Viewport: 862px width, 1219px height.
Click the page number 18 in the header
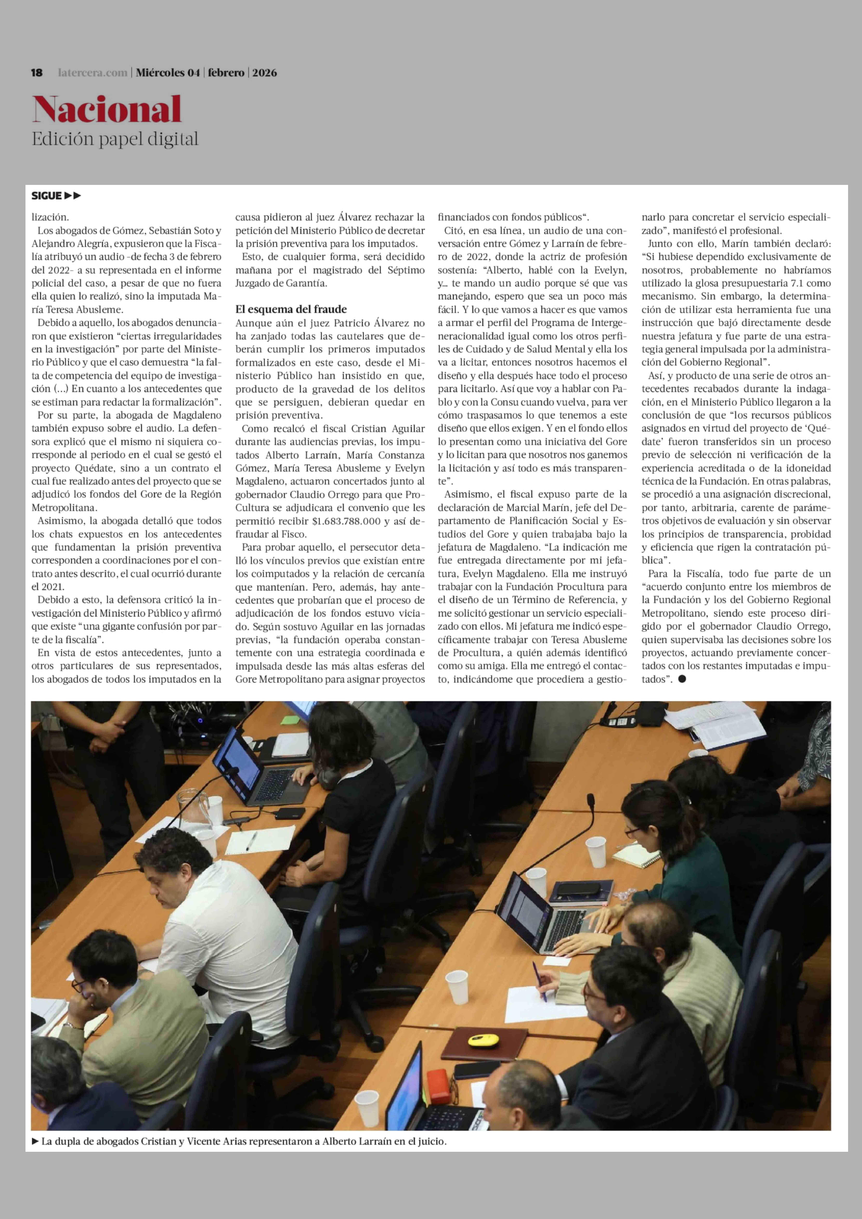[x=37, y=73]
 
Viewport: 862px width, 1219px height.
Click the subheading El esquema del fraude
[x=291, y=309]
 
